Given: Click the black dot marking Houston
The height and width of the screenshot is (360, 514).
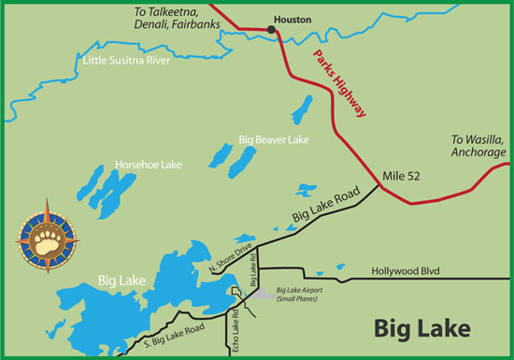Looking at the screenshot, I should [272, 30].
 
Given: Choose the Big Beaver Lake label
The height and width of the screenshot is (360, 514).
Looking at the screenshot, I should [274, 139].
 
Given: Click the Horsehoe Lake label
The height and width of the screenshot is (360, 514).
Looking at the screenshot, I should [148, 165].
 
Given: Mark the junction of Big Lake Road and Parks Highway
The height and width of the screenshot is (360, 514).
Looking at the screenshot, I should [379, 185].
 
